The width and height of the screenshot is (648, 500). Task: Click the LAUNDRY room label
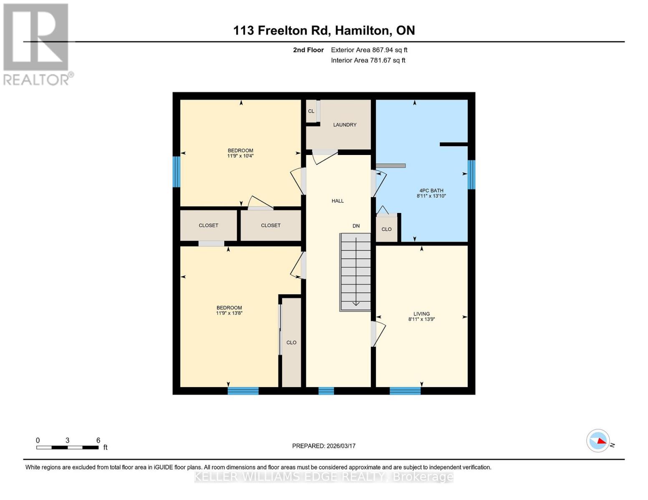[344, 125]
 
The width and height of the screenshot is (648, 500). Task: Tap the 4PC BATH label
[431, 190]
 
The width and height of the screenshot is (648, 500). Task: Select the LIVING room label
[421, 314]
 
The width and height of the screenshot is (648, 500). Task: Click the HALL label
[338, 201]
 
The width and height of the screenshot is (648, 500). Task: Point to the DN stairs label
[356, 226]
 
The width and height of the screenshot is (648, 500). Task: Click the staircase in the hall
[355, 272]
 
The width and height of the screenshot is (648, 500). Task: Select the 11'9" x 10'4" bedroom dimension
[240, 156]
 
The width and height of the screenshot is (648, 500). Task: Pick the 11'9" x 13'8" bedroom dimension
[229, 313]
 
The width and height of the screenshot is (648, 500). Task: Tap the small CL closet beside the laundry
[311, 111]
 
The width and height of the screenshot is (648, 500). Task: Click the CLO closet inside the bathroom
[386, 229]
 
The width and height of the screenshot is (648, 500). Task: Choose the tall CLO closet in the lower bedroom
[291, 342]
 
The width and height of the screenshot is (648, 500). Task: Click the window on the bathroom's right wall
[471, 175]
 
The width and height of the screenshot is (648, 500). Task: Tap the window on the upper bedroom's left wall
[176, 172]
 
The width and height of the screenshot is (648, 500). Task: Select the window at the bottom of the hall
[326, 391]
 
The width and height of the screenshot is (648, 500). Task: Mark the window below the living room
[405, 391]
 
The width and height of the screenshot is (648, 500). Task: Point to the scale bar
[67, 447]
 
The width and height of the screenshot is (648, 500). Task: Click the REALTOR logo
[37, 44]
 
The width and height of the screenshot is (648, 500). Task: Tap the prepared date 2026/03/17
[324, 446]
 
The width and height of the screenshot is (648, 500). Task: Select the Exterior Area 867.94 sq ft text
[369, 50]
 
